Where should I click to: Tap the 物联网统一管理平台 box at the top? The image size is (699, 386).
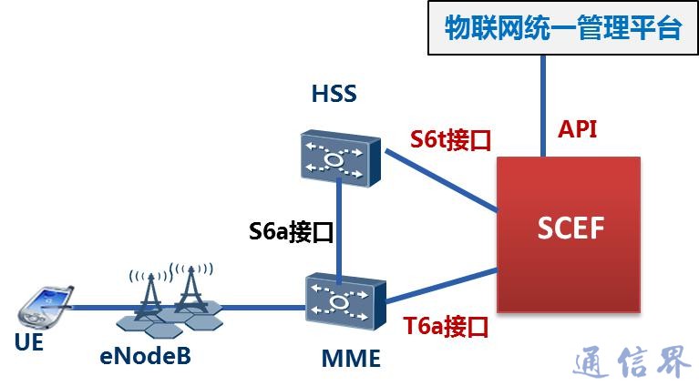[x=562, y=28]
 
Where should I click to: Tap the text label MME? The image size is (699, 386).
[x=351, y=359]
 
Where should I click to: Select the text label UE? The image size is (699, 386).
[x=29, y=344]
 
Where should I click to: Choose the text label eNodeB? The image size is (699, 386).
[x=146, y=355]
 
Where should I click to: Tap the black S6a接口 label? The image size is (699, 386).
[x=291, y=231]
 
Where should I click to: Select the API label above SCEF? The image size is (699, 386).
[x=578, y=128]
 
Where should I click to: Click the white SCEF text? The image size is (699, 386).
[x=569, y=228]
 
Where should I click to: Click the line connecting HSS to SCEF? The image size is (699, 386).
[x=437, y=181]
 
